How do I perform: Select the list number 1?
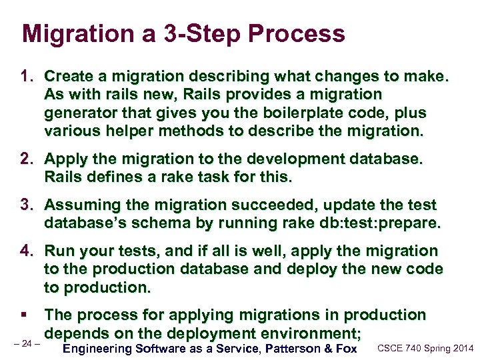coord(27,77)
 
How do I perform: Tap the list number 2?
coord(27,159)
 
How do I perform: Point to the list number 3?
coord(27,205)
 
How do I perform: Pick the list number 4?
coord(27,251)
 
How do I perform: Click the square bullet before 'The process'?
coord(25,315)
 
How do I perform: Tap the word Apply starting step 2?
coord(64,159)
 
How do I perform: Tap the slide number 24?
coord(27,344)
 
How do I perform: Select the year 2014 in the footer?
coord(461,348)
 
